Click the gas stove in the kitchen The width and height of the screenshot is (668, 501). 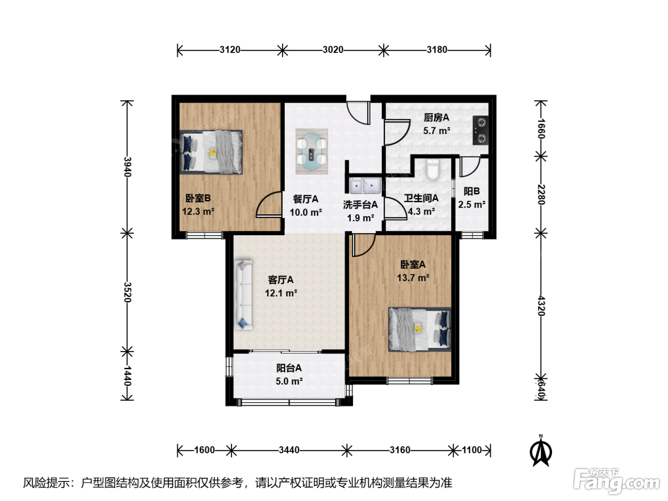(480, 130)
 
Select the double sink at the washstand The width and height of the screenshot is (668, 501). (365, 186)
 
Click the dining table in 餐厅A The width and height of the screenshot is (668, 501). (312, 151)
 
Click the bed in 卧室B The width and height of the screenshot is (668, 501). (211, 152)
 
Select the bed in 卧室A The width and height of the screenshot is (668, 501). (420, 329)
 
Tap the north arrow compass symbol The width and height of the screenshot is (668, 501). (541, 451)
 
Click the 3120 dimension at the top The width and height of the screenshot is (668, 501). (230, 50)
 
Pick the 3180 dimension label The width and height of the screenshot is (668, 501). (437, 50)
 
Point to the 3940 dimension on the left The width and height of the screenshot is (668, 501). (128, 167)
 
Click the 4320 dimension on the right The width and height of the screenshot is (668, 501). (541, 306)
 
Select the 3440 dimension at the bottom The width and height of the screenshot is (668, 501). (289, 450)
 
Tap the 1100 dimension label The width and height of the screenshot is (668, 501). (472, 450)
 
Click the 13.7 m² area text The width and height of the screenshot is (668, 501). (413, 278)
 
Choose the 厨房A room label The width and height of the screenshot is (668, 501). (437, 117)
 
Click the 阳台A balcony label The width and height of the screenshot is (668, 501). (289, 368)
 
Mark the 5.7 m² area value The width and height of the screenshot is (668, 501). (437, 131)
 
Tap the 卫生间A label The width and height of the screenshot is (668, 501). (421, 198)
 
